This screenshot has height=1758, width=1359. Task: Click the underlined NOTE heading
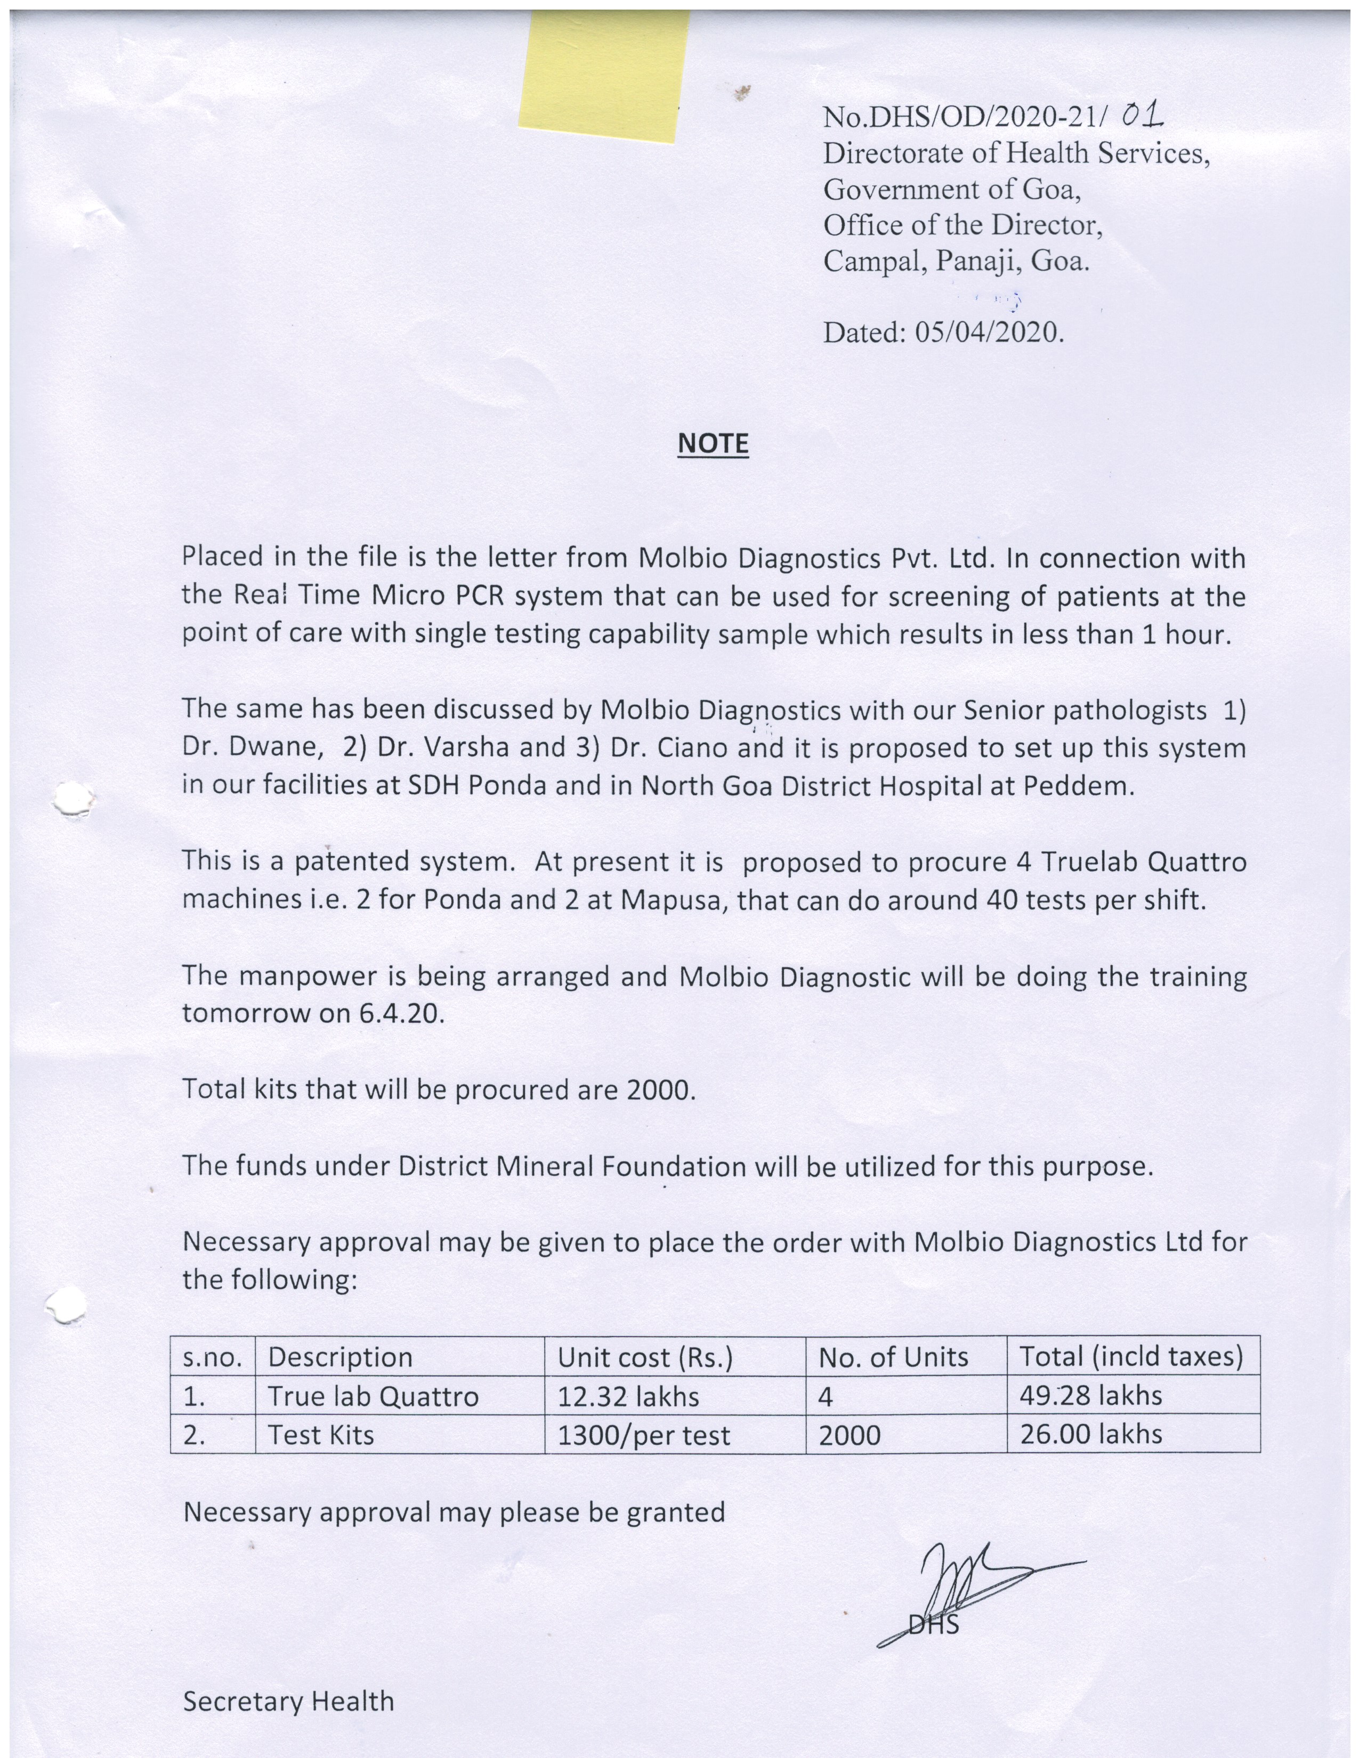coord(713,444)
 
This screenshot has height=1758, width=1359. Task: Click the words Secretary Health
coord(288,1701)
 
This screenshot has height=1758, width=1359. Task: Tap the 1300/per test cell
coord(643,1435)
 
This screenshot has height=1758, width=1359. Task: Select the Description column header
coord(340,1357)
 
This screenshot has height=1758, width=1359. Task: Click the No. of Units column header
coord(893,1357)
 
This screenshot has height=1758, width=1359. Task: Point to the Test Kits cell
coord(320,1435)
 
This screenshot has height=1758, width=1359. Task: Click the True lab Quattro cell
coord(373,1396)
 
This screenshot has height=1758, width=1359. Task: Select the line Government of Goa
coord(951,189)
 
